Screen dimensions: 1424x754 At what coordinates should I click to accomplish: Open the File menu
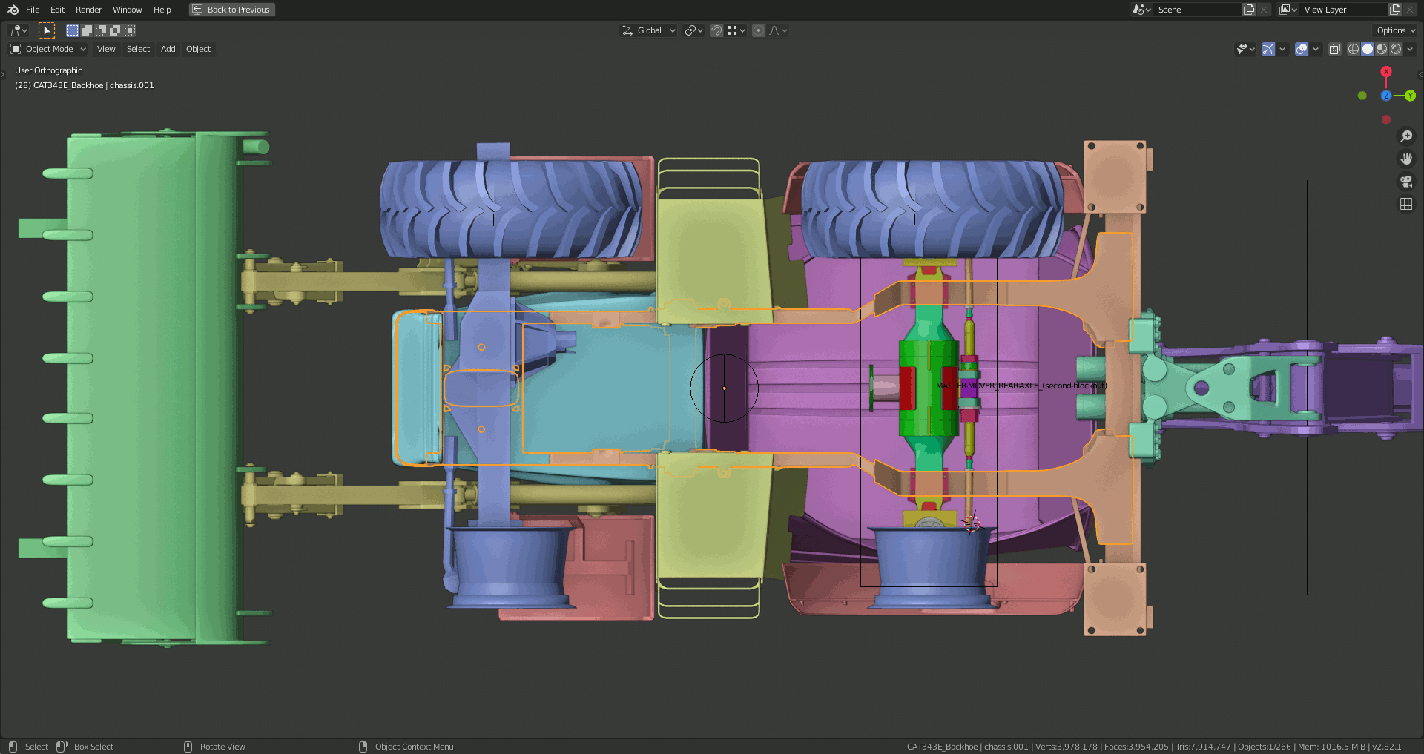tap(33, 10)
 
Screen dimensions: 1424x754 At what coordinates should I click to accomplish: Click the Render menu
tap(88, 10)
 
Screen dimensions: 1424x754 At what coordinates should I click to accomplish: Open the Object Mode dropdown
tap(48, 49)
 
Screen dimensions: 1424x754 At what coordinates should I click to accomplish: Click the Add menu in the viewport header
tap(168, 49)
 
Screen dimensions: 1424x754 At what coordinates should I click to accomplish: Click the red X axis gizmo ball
tap(1386, 72)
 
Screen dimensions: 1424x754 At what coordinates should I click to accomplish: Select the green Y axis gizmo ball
tap(1410, 96)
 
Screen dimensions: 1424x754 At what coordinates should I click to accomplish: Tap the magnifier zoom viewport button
tap(1405, 136)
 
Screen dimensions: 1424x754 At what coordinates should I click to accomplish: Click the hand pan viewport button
tap(1405, 159)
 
